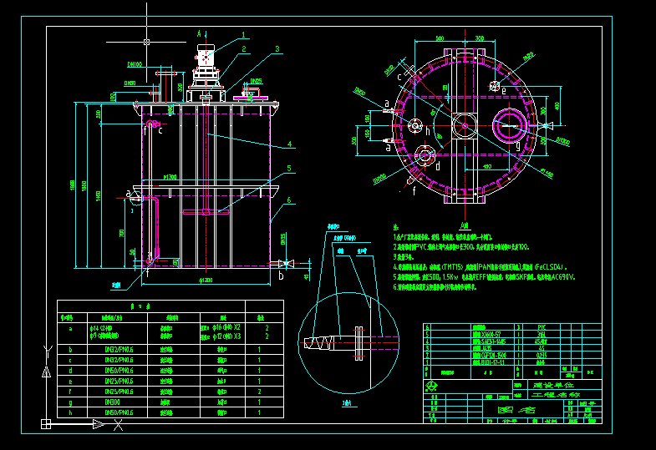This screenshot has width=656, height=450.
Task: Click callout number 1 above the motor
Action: pyautogui.click(x=243, y=35)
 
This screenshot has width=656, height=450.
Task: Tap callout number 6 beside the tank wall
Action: pyautogui.click(x=288, y=200)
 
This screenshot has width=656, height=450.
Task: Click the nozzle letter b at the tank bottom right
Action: pyautogui.click(x=281, y=275)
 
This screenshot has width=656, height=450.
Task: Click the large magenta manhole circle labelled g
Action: pyautogui.click(x=510, y=126)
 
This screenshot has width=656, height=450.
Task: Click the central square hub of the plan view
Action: pyautogui.click(x=463, y=126)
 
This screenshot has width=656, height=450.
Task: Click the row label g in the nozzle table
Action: pyautogui.click(x=70, y=402)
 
